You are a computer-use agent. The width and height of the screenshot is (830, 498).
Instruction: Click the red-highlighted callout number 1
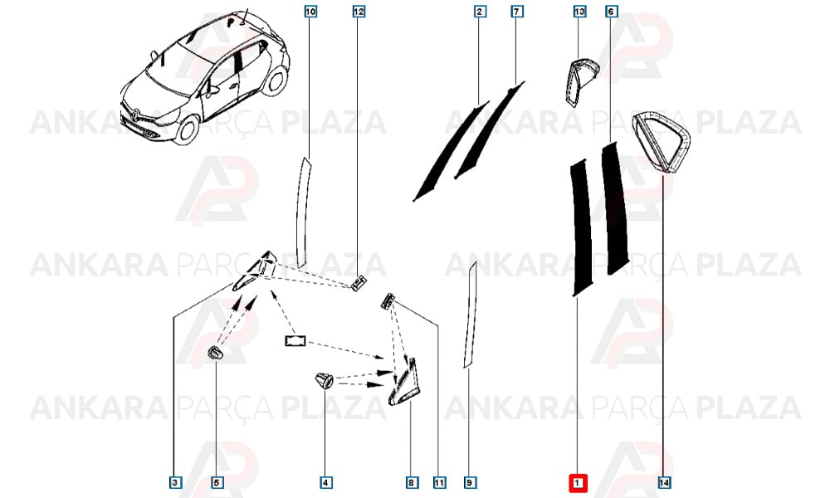(578, 483)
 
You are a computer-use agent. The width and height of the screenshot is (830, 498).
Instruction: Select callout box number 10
(310, 11)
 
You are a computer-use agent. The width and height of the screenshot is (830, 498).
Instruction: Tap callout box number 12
(359, 11)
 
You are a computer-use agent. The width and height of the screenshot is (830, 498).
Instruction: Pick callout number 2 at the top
(480, 11)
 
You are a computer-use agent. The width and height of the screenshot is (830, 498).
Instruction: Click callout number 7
(516, 11)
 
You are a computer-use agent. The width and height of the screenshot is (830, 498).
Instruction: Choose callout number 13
(579, 11)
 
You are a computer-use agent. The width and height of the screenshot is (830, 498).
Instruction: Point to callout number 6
(612, 11)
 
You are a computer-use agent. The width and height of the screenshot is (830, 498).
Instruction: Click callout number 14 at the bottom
(664, 483)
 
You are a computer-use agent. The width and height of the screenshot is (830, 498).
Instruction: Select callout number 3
(174, 483)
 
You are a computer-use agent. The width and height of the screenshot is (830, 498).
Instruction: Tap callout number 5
(216, 483)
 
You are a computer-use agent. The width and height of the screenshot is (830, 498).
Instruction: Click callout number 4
(325, 483)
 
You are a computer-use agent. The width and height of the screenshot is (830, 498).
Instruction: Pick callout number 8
(412, 483)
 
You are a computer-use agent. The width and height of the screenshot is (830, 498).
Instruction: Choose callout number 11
(439, 483)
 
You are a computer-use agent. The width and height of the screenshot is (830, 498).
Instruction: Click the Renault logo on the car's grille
(135, 115)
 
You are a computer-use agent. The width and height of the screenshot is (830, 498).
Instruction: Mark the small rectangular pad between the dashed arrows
(296, 341)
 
